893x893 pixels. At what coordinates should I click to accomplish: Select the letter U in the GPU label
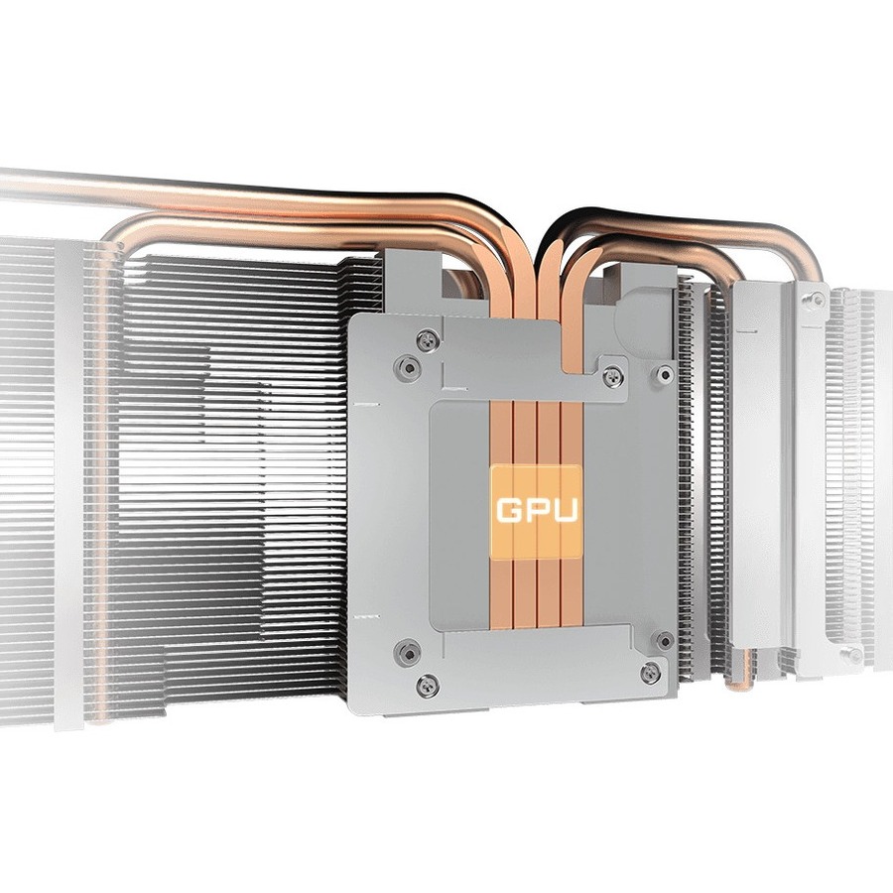pos(565,510)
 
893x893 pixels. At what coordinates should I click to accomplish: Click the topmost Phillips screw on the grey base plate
pos(427,340)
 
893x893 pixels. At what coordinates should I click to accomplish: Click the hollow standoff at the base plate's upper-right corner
pos(664,374)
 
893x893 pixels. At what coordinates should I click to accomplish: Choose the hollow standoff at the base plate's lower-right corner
pos(664,640)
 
